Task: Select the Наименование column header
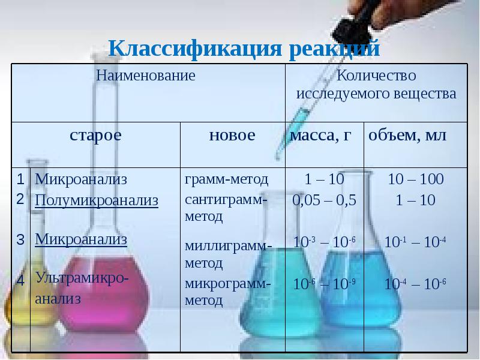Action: [x=147, y=76]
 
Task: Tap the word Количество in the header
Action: [x=376, y=76]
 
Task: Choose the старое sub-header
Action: [x=96, y=136]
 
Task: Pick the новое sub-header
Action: [x=232, y=136]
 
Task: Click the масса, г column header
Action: [x=320, y=136]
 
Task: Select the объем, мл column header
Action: [x=407, y=136]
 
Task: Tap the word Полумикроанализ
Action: [x=97, y=200]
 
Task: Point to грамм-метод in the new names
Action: [x=226, y=179]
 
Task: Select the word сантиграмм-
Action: [x=226, y=199]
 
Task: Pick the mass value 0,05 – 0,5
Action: [x=324, y=200]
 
